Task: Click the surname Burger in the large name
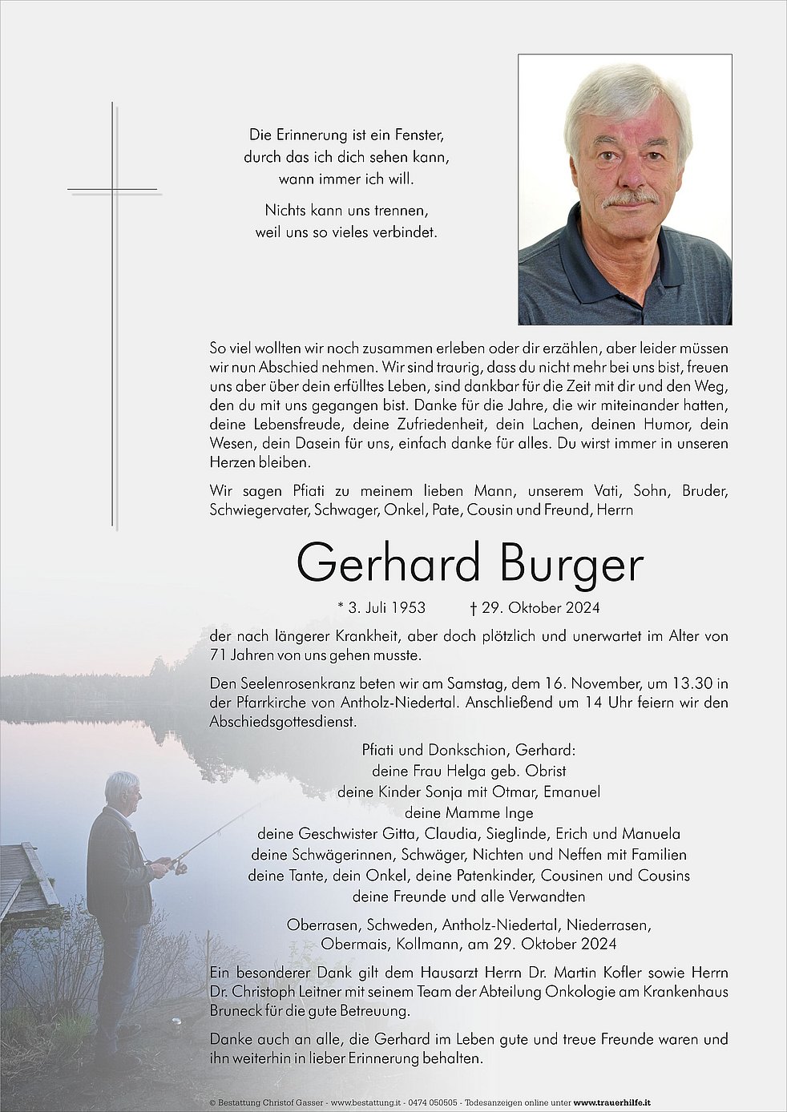click(x=571, y=565)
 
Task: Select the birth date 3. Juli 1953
click(x=381, y=608)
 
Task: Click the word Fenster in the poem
click(x=417, y=135)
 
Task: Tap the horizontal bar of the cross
click(x=113, y=190)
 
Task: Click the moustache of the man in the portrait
click(x=632, y=197)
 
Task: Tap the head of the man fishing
click(x=123, y=788)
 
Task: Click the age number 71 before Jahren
click(x=217, y=655)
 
